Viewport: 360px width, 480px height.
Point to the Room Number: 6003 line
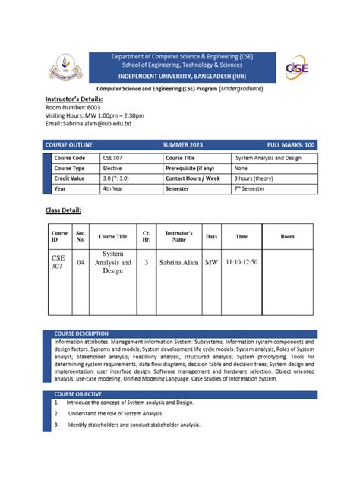[73, 108]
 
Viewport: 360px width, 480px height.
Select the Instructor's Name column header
[178, 236]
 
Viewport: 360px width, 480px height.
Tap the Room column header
[287, 237]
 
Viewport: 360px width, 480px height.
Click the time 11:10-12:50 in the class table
[242, 262]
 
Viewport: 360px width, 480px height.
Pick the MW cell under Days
[211, 262]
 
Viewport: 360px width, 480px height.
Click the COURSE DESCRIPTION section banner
[81, 333]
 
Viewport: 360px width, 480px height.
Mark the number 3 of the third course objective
[57, 425]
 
